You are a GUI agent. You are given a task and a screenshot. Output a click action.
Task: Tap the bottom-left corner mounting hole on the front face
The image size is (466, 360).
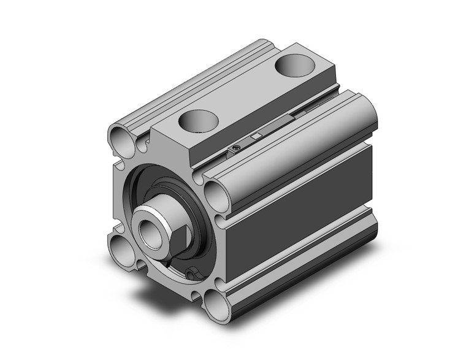click(x=121, y=248)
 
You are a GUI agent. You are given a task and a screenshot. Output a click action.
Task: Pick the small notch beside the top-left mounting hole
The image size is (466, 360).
click(x=142, y=145)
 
